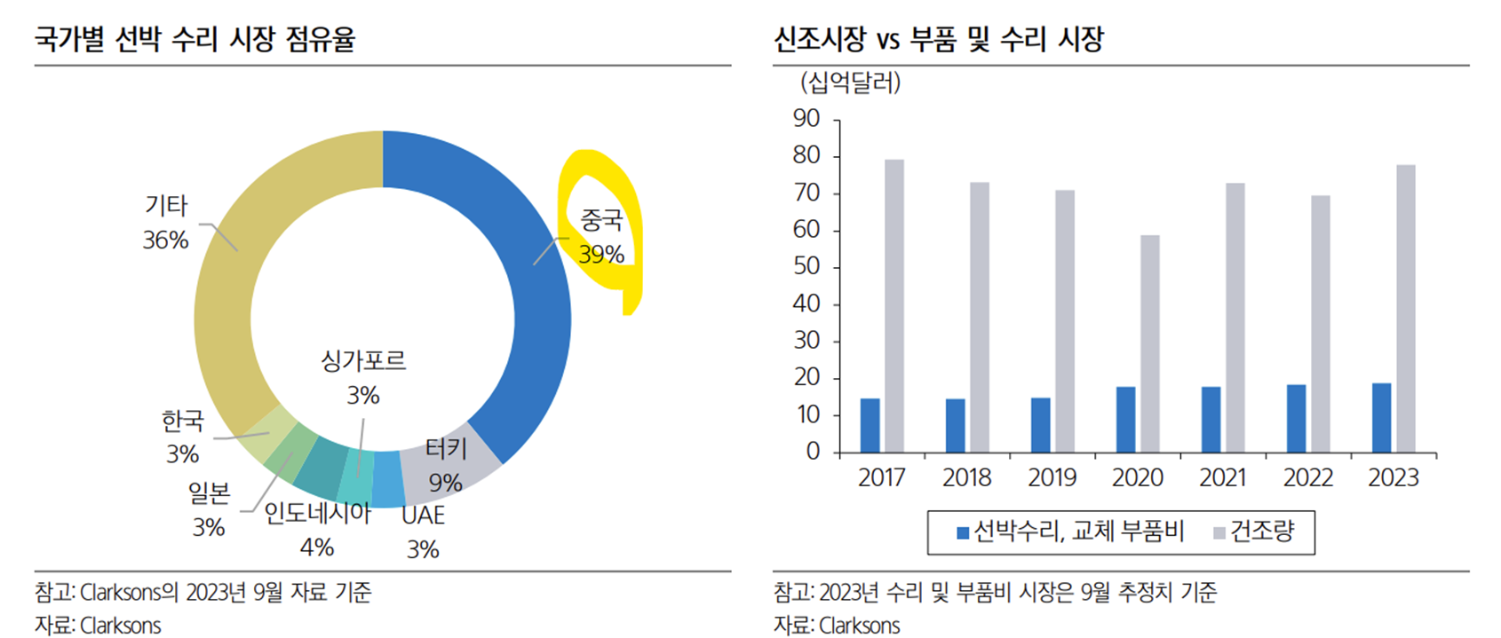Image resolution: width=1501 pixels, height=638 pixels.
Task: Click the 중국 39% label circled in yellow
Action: coord(601,237)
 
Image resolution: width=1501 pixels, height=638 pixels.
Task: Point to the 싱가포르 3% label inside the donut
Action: coord(362,377)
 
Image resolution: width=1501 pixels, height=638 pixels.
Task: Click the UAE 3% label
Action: coord(423,532)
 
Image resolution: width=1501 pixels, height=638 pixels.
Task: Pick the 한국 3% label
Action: coord(182,437)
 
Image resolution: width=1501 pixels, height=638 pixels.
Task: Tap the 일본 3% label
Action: coord(209,509)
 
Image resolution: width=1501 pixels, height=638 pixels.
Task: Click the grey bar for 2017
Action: coord(894,306)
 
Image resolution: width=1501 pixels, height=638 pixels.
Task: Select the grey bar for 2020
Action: coord(1150,344)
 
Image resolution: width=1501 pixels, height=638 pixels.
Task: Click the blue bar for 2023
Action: coord(1381,418)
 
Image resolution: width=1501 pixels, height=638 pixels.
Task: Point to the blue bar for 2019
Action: coord(1040,425)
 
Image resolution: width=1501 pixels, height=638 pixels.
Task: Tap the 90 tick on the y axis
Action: coord(806,119)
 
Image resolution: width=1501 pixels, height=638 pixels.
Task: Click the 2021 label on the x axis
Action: coord(1222,478)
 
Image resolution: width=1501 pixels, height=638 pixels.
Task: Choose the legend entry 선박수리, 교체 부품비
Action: coord(1070,532)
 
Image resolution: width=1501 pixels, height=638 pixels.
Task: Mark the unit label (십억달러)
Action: coord(850,83)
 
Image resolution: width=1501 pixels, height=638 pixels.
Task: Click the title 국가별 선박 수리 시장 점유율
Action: coord(195,40)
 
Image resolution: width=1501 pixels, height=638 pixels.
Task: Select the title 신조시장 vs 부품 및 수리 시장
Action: coord(938,40)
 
